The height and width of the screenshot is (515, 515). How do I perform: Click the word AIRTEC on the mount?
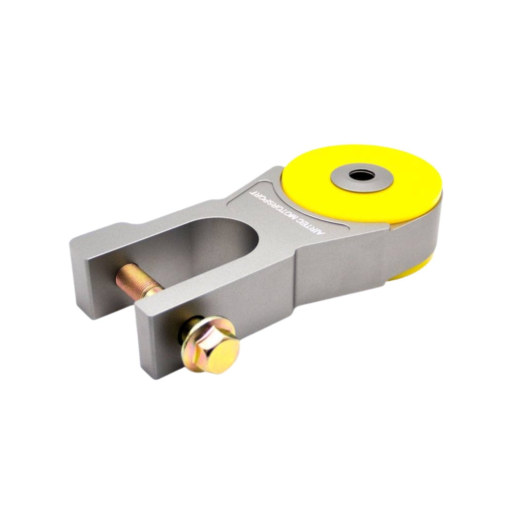point(316,228)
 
